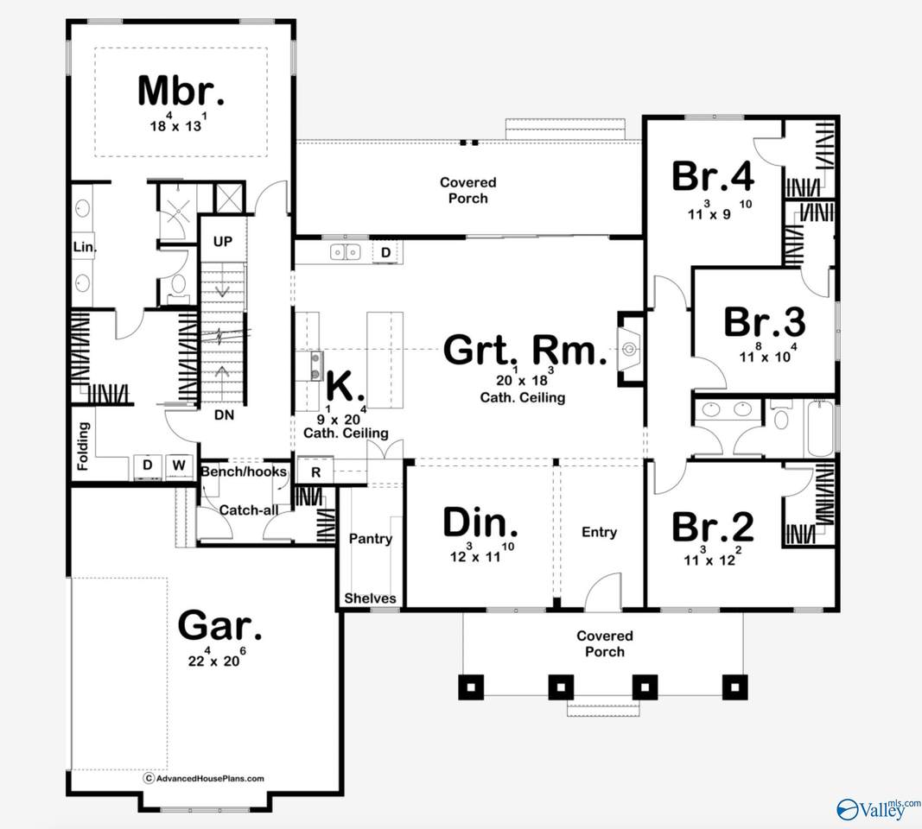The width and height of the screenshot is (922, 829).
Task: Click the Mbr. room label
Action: pyautogui.click(x=181, y=91)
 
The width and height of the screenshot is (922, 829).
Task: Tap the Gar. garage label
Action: pyautogui.click(x=219, y=625)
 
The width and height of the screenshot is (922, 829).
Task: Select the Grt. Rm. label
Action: pyautogui.click(x=519, y=351)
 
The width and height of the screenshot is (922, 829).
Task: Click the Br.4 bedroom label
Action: pyautogui.click(x=713, y=176)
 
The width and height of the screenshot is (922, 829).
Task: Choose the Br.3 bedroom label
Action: pyautogui.click(x=764, y=322)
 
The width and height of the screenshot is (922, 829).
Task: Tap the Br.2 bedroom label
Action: pyautogui.click(x=713, y=526)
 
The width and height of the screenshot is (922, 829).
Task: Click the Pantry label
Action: pyautogui.click(x=370, y=539)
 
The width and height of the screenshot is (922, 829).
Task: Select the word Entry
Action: pyautogui.click(x=599, y=532)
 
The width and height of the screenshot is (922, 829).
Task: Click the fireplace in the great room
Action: pyautogui.click(x=629, y=349)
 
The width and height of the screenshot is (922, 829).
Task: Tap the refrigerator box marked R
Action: pyautogui.click(x=315, y=472)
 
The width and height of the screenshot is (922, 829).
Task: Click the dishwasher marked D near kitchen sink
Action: pyautogui.click(x=386, y=252)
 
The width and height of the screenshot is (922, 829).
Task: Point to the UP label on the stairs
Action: pyautogui.click(x=222, y=242)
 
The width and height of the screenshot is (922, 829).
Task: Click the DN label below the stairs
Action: pyautogui.click(x=224, y=414)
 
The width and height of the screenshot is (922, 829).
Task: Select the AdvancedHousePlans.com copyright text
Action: pyautogui.click(x=204, y=778)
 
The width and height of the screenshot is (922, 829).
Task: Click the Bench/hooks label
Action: pyautogui.click(x=244, y=472)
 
